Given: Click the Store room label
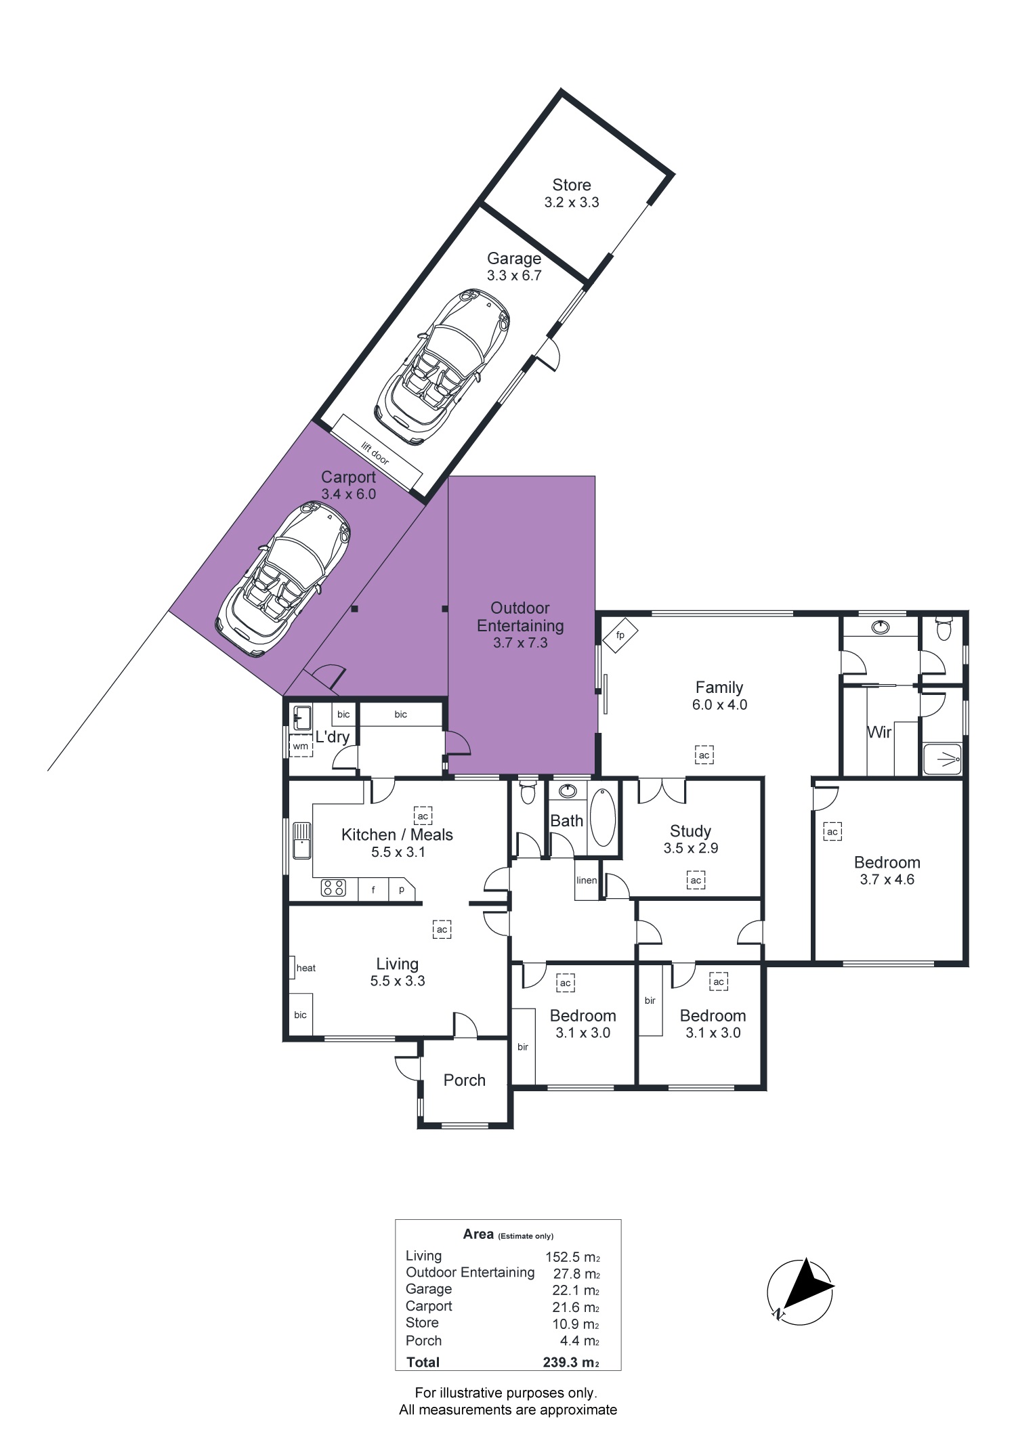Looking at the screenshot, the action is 572,185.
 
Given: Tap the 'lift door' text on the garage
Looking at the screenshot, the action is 375,453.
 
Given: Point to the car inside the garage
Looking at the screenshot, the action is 442,367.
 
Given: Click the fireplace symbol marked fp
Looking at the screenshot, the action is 620,635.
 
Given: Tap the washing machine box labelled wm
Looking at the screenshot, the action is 300,746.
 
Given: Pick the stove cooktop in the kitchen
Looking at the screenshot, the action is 333,887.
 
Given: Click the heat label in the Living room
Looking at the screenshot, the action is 306,968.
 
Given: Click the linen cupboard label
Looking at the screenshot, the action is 587,881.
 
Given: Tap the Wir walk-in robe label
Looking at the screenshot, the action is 879,732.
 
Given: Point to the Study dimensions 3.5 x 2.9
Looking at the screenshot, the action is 691,848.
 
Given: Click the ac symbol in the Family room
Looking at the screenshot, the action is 704,755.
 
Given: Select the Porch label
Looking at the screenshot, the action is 465,1080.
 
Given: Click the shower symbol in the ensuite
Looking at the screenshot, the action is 942,759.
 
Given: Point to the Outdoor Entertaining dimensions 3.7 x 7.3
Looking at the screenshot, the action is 520,643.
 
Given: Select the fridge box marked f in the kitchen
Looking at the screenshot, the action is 373,889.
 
